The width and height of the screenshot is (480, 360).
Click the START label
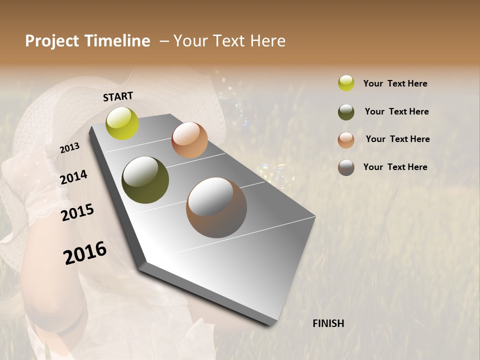coord(118,96)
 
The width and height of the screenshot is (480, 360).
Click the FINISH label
coord(328,323)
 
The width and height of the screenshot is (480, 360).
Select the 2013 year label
coord(69,148)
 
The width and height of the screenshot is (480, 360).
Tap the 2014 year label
coord(73,177)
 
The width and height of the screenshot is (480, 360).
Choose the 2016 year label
coord(84,253)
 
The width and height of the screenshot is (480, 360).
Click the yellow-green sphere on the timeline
coord(122,123)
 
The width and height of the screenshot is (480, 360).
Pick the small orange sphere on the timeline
coord(189,140)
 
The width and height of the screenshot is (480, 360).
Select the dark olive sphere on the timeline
coord(145,180)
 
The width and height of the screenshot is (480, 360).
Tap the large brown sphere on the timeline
coord(216,207)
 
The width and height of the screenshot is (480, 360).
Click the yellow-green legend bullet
coord(346,83)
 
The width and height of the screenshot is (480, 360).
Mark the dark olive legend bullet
coord(346,112)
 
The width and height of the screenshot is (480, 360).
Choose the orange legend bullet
coord(346,140)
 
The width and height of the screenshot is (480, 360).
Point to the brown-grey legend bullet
coord(346,167)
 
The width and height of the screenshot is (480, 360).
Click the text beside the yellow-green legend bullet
coord(395,83)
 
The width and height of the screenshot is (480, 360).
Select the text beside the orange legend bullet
coord(397,139)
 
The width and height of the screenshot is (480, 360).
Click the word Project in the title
coord(52,41)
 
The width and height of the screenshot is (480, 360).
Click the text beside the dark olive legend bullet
coord(396,111)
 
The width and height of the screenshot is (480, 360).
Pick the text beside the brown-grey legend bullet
coord(395,167)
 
